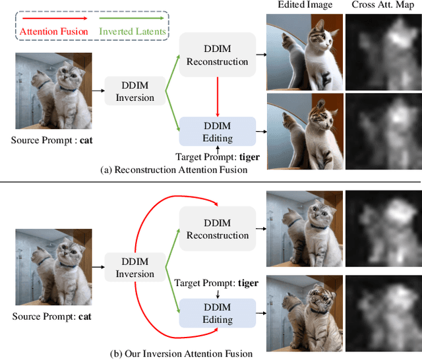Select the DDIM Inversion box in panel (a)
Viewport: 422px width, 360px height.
coord(135,91)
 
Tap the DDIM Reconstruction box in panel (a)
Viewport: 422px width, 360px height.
coord(217,54)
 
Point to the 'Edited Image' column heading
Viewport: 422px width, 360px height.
coord(304,6)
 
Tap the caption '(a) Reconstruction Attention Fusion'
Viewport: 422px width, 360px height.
coord(174,170)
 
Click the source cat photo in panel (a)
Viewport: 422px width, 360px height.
coord(54,91)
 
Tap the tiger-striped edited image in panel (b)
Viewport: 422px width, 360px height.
coord(304,311)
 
